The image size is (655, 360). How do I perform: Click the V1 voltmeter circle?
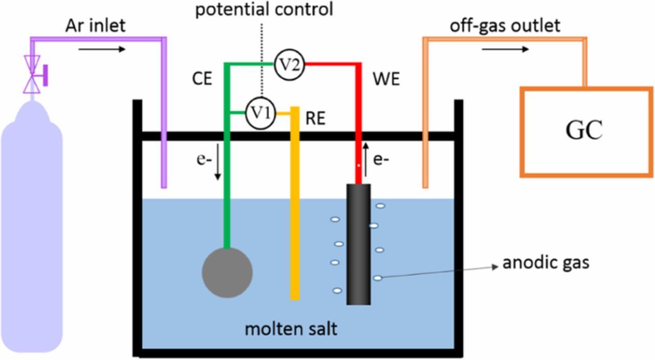(x=261, y=112)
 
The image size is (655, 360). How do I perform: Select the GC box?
(x=585, y=131)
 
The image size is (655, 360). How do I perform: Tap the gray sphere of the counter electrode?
(x=227, y=273)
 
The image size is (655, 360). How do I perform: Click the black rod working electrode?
(x=358, y=244)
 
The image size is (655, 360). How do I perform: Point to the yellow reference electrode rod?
(x=295, y=205)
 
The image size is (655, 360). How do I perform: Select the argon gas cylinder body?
(x=32, y=230)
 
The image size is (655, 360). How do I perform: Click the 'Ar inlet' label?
(x=95, y=26)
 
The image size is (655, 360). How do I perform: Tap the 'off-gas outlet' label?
(x=505, y=26)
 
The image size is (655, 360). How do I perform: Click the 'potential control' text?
(x=264, y=9)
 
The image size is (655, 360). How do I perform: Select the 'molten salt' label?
(x=291, y=328)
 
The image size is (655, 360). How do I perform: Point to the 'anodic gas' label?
(x=545, y=263)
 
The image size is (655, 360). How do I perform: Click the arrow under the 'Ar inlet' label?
(x=101, y=50)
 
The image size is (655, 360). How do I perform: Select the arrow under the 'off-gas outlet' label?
(x=505, y=50)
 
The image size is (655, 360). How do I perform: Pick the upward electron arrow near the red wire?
(x=366, y=159)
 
